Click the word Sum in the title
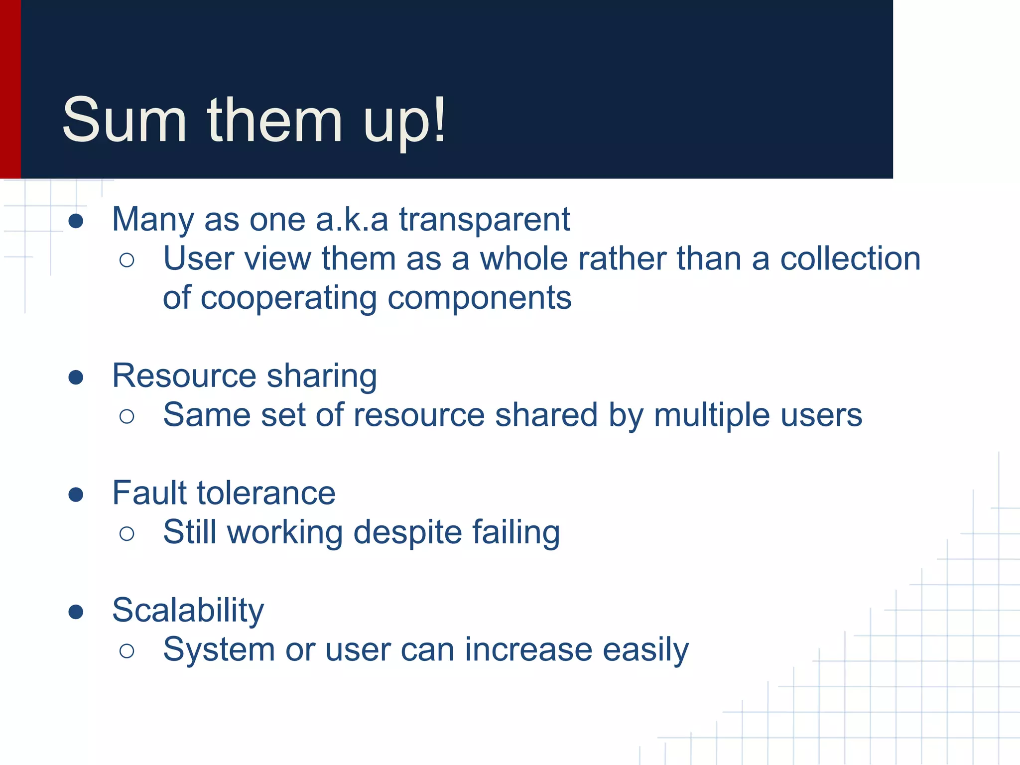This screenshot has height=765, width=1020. click(x=124, y=121)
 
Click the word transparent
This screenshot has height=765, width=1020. click(x=484, y=219)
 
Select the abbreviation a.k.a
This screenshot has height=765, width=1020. click(x=352, y=219)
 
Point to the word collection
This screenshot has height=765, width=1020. click(x=850, y=258)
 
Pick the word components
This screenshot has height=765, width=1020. click(x=479, y=298)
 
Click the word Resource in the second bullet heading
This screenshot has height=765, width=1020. click(x=183, y=376)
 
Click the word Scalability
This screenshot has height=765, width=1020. click(x=188, y=610)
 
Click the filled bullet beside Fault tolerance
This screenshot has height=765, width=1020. click(x=76, y=495)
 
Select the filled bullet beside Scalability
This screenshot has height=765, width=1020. click(x=76, y=612)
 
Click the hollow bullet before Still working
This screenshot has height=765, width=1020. click(x=127, y=534)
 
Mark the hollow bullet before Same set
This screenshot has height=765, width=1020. click(x=127, y=416)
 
